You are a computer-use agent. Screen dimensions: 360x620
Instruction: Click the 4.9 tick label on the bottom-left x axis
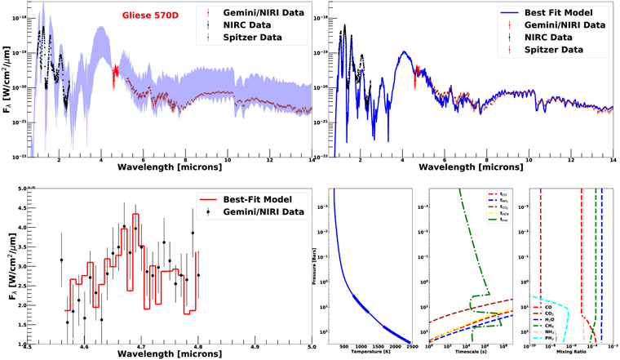[255, 347]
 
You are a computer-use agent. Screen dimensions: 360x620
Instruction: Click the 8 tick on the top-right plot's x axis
[487, 161]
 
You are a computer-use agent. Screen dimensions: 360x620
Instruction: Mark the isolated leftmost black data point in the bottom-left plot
[61, 260]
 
